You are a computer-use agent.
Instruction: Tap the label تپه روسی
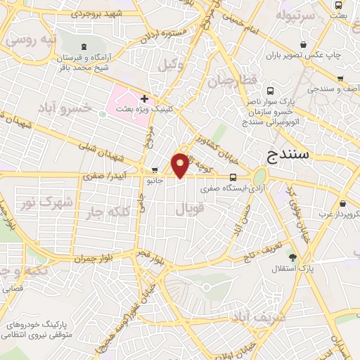point(30,40)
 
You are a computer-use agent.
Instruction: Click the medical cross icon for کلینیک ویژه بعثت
point(145,99)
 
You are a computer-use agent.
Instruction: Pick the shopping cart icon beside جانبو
point(154,169)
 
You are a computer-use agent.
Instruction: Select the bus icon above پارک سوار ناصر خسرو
point(271,91)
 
